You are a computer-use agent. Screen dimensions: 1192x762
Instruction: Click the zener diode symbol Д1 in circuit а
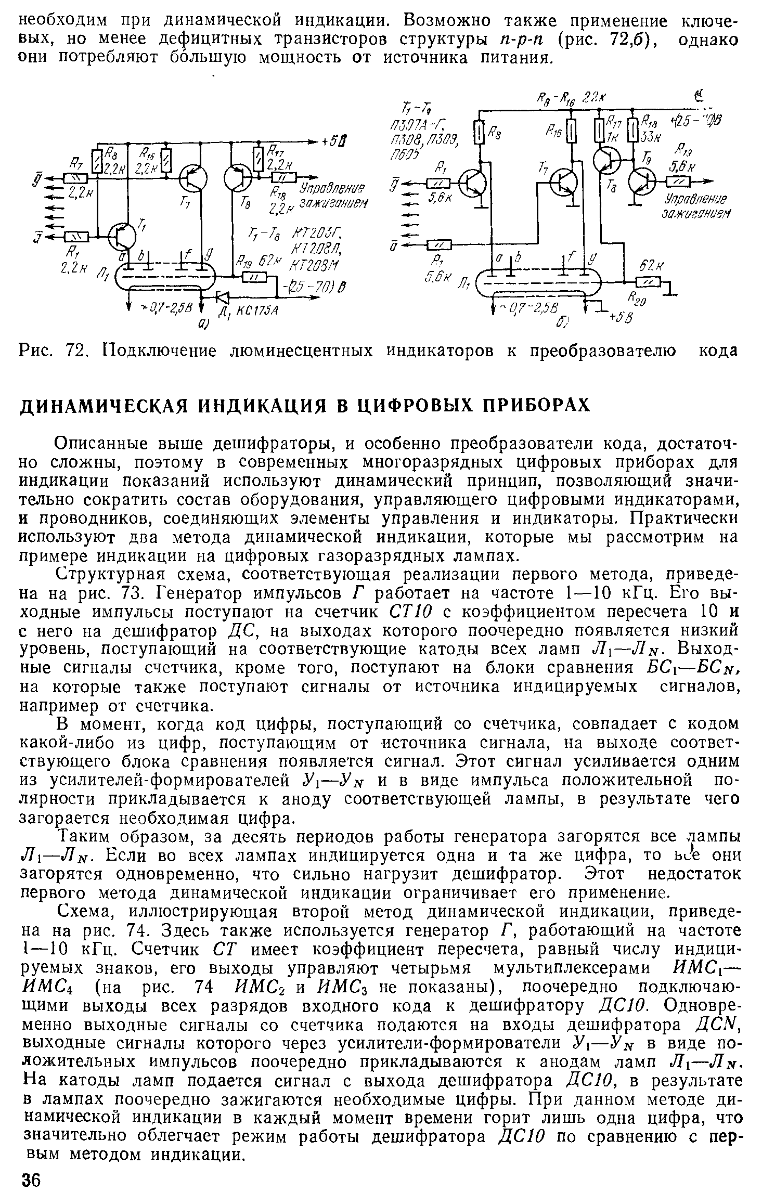223,297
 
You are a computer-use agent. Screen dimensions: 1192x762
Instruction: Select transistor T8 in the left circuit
239,178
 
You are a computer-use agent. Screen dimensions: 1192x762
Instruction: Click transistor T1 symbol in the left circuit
123,237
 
